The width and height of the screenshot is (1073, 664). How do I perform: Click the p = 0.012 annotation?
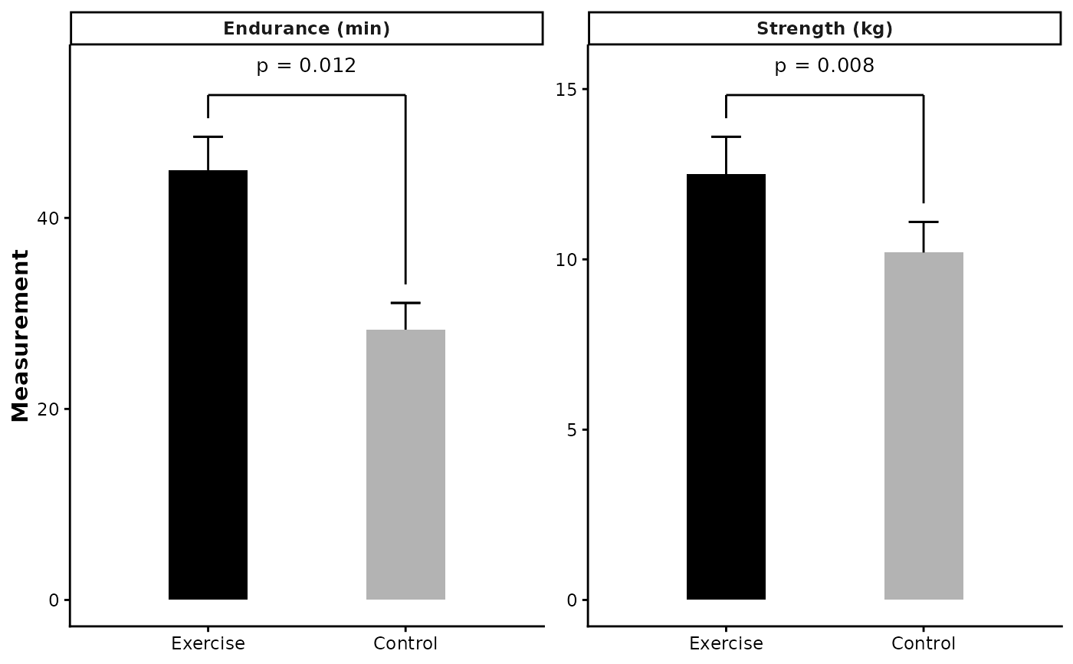click(306, 66)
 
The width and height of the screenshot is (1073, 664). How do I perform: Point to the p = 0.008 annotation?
click(824, 66)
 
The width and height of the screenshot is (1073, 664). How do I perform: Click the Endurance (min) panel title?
click(307, 29)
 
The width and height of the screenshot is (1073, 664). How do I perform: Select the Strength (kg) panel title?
click(825, 29)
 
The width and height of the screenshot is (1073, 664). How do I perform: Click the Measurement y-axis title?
click(21, 336)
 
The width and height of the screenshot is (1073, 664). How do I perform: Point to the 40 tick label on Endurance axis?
click(48, 218)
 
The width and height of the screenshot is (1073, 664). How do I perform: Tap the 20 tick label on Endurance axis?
click(48, 409)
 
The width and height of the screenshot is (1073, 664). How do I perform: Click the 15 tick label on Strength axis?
click(567, 89)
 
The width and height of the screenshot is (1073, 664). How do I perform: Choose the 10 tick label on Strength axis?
click(567, 259)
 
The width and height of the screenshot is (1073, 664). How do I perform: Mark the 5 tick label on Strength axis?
click(572, 429)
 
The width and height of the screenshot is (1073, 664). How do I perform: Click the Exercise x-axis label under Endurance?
click(208, 643)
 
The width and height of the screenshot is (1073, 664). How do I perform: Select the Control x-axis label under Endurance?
click(405, 643)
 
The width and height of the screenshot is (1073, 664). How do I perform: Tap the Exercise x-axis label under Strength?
click(726, 643)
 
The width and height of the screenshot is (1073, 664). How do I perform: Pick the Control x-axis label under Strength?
click(924, 643)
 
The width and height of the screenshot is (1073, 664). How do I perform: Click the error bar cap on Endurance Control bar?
click(405, 303)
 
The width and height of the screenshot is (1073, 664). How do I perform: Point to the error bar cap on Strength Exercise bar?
click(726, 136)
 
